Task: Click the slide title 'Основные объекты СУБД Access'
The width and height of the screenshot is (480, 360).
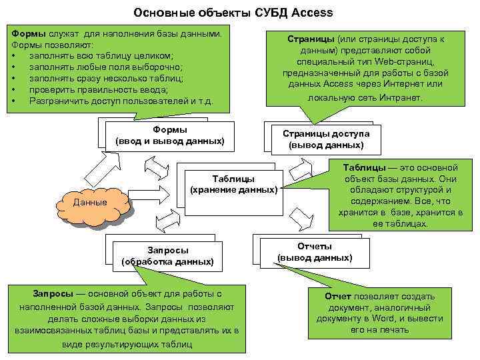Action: (233, 13)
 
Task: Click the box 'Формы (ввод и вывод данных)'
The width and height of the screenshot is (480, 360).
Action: (169, 135)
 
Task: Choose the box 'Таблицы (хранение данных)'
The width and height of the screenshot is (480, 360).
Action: (233, 184)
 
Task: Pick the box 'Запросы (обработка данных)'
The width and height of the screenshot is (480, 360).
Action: (167, 256)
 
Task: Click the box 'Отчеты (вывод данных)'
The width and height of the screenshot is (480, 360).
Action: (315, 252)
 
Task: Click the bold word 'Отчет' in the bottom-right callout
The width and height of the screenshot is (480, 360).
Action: (339, 296)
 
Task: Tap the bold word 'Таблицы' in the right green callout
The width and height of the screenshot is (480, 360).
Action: (365, 167)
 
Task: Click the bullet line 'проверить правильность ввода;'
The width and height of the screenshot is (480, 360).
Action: (98, 89)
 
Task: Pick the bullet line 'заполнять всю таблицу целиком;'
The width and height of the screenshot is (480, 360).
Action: (101, 55)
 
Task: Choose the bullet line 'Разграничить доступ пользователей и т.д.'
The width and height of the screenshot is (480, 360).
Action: (121, 101)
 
